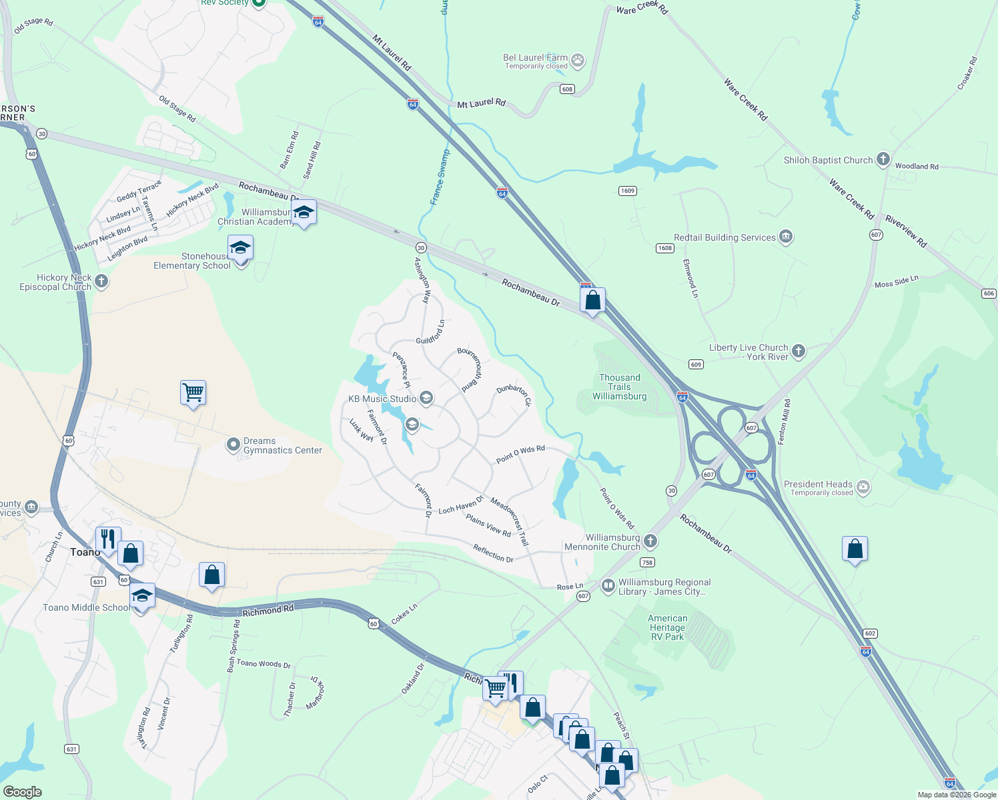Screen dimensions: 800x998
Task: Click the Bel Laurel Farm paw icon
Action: pos(578,61)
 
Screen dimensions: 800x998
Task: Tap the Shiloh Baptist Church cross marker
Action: pos(883,159)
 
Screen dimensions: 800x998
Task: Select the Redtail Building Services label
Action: pos(724,237)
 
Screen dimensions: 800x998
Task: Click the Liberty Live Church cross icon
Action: pos(799,351)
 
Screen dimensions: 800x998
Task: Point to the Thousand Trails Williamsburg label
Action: pos(619,387)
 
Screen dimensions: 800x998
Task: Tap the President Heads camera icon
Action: pos(863,487)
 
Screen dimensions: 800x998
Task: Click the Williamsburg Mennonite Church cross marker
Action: pos(650,541)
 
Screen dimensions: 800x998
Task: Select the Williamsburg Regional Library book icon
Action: pos(608,586)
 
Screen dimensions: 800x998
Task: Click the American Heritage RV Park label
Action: pos(667,627)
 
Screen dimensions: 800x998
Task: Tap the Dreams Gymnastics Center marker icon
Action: pos(233,445)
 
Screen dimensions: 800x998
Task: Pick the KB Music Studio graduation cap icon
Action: pos(426,399)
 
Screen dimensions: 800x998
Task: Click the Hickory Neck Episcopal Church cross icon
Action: pos(101,281)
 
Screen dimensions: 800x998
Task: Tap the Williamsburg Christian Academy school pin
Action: pos(304,213)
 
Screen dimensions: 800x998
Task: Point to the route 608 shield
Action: pos(567,89)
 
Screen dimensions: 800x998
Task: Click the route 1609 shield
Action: pos(627,191)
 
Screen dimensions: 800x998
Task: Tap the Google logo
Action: pos(23,791)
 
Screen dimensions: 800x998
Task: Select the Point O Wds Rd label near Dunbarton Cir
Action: pos(520,454)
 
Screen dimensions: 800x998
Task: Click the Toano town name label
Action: pos(85,552)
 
